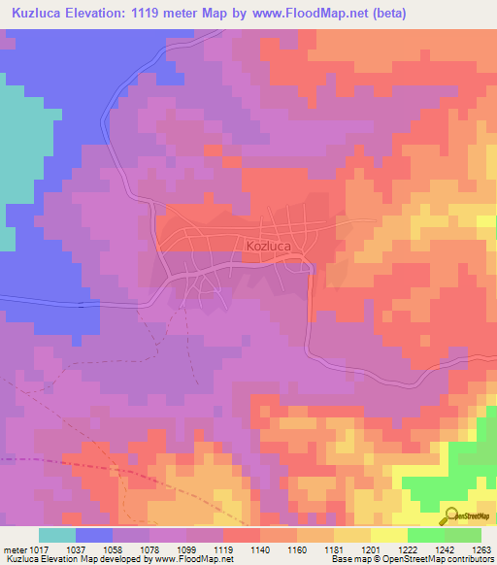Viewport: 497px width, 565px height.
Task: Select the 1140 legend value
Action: tap(260, 549)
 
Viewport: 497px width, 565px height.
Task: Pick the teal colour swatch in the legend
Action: tap(56, 535)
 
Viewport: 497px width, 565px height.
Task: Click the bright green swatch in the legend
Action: tap(425, 535)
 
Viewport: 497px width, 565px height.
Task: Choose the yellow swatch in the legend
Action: tap(388, 535)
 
